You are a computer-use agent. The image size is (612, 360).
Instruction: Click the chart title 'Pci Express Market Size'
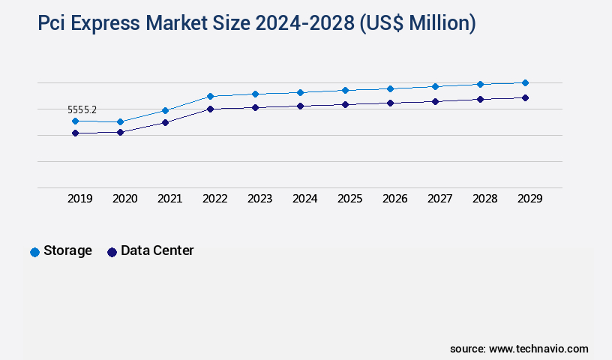[256, 24]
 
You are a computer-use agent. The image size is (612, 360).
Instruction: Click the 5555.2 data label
[82, 109]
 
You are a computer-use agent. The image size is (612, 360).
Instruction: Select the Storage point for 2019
[75, 121]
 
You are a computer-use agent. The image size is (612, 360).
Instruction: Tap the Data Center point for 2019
[75, 133]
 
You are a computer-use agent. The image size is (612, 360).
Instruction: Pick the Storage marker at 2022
[210, 96]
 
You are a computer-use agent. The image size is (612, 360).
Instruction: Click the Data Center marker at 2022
[210, 109]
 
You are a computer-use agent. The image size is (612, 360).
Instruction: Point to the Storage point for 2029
[525, 82]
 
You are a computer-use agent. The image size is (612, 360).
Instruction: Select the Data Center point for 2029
[525, 97]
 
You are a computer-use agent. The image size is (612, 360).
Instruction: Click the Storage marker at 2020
[120, 121]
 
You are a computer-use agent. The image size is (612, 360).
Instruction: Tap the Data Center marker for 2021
[165, 122]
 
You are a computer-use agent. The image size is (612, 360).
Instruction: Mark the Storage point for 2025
[345, 90]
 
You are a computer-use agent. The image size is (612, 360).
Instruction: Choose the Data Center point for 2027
[435, 101]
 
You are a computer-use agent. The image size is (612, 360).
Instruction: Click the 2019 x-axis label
[80, 199]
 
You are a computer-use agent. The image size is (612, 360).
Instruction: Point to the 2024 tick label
[305, 199]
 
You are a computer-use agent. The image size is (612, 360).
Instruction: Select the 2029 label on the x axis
[530, 199]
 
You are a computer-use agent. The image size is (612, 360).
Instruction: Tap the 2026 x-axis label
[395, 199]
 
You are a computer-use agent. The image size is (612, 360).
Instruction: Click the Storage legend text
[67, 250]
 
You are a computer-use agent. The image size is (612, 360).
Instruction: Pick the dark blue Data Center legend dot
[112, 252]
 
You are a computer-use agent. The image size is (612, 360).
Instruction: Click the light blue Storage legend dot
[34, 252]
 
